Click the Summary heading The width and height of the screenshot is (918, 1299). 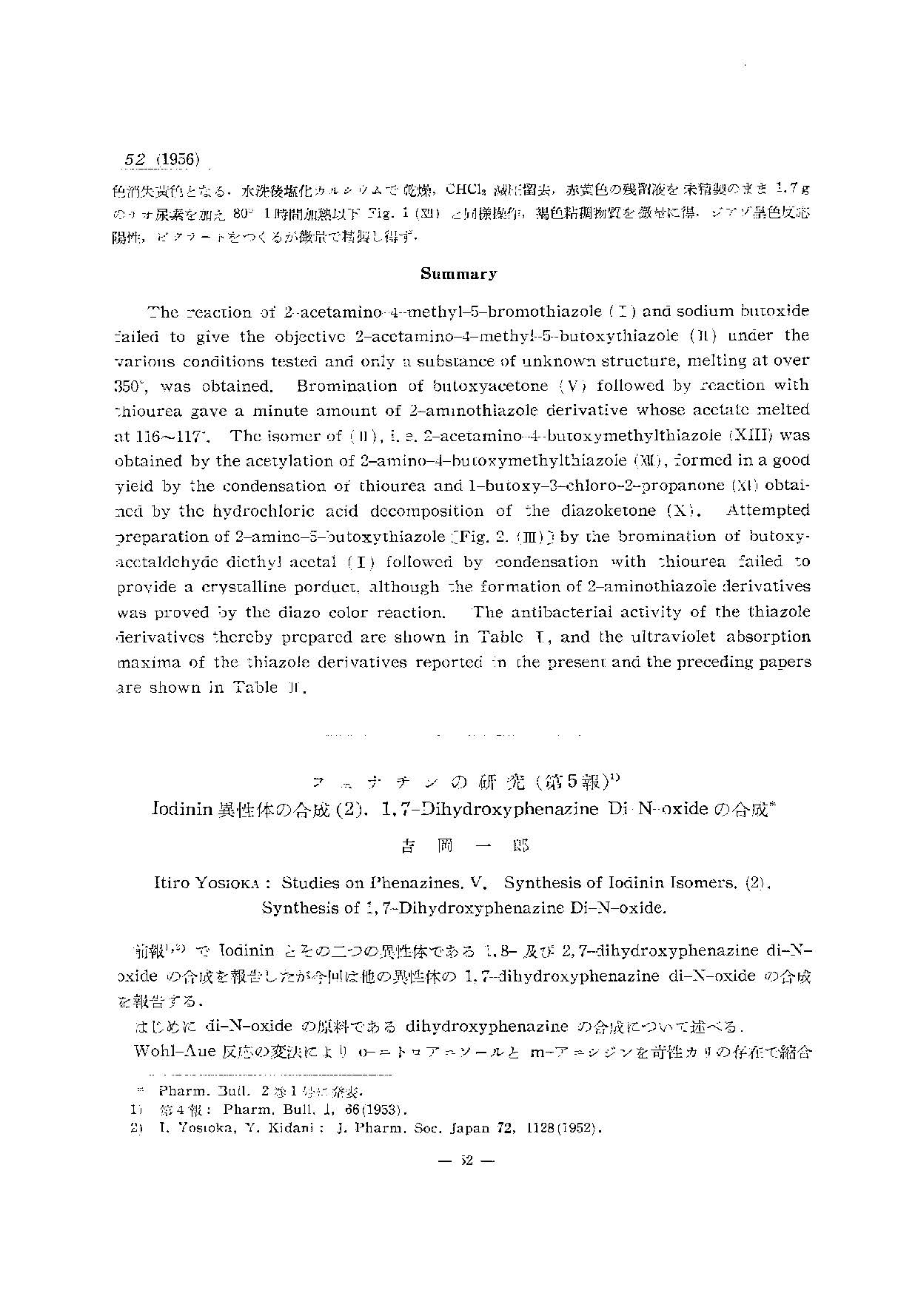[x=458, y=274]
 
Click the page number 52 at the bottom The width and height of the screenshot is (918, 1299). [x=466, y=1160]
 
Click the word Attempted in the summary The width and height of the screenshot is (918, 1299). [x=768, y=511]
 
